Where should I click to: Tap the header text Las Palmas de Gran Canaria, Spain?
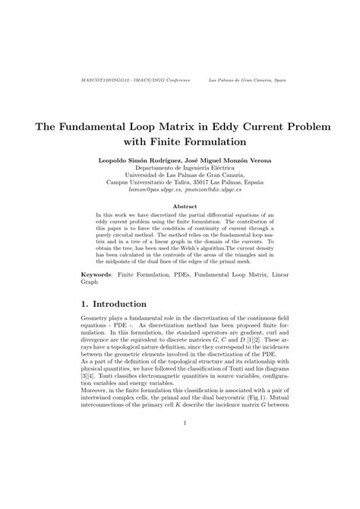point(248,78)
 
